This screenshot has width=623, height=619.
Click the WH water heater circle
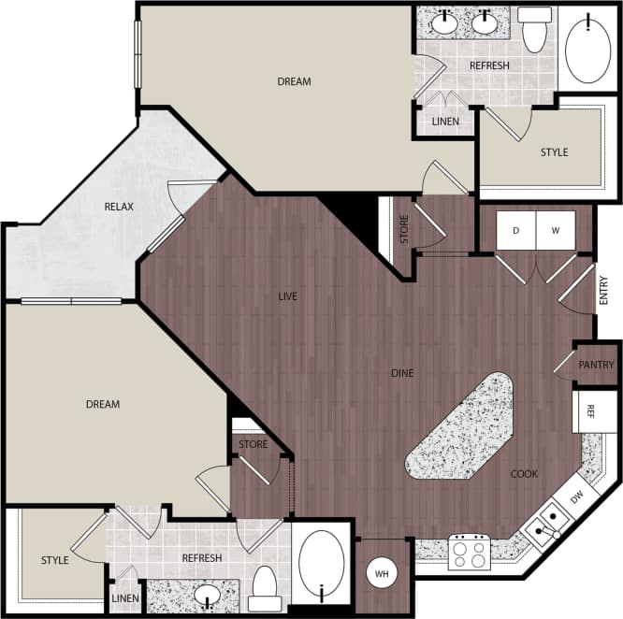click(x=381, y=573)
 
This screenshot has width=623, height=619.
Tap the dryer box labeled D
click(x=515, y=230)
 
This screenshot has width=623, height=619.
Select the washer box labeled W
click(x=555, y=230)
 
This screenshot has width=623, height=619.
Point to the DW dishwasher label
click(x=577, y=496)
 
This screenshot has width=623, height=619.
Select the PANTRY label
click(x=596, y=365)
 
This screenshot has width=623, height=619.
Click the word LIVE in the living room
click(x=287, y=296)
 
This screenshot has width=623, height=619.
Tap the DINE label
click(x=402, y=373)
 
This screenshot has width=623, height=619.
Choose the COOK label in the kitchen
click(x=524, y=474)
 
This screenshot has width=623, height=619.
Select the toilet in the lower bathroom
click(x=265, y=583)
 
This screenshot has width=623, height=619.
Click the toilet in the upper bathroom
click(x=534, y=31)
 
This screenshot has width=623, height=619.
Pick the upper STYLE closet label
click(x=554, y=152)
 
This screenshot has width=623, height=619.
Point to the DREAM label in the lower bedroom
click(x=103, y=404)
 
